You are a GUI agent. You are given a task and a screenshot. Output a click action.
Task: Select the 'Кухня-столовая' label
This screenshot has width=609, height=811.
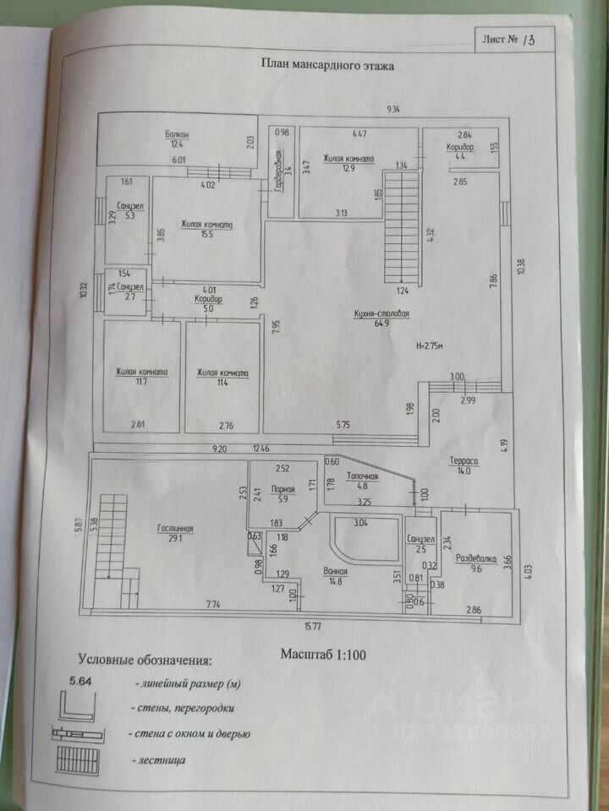[381, 314]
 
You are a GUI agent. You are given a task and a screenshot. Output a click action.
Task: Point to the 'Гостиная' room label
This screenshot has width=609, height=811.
[175, 530]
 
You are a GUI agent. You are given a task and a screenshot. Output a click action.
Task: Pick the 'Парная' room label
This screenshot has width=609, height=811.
[283, 488]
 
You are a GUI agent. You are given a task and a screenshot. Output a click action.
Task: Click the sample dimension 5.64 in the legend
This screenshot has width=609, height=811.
[82, 683]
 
